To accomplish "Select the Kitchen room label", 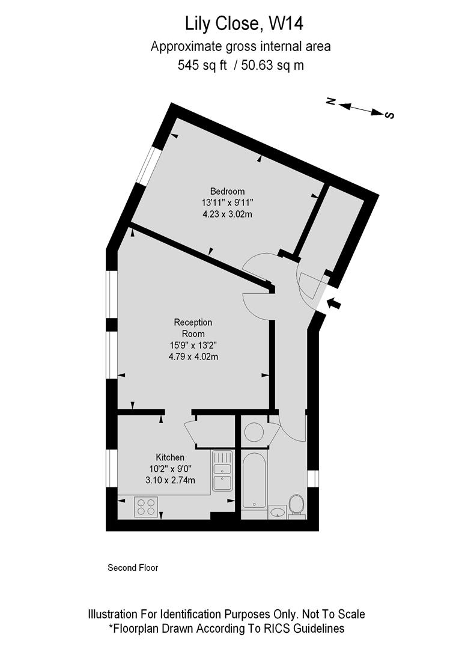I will pos(170,457).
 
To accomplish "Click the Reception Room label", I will pos(193,328).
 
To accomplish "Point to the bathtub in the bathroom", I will pos(255,480).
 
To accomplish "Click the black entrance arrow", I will pos(334,303).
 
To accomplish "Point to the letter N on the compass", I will pos(330,102).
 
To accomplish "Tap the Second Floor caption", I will pos(133,567).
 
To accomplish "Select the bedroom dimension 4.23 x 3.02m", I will pos(227,214).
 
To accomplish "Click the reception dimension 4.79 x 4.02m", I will pos(193,356).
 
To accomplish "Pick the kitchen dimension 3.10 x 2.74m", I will pos(170,480).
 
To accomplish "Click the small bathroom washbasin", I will pos(278,512).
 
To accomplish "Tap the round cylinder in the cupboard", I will pos(255,431).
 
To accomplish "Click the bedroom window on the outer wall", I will pos(147,166).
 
